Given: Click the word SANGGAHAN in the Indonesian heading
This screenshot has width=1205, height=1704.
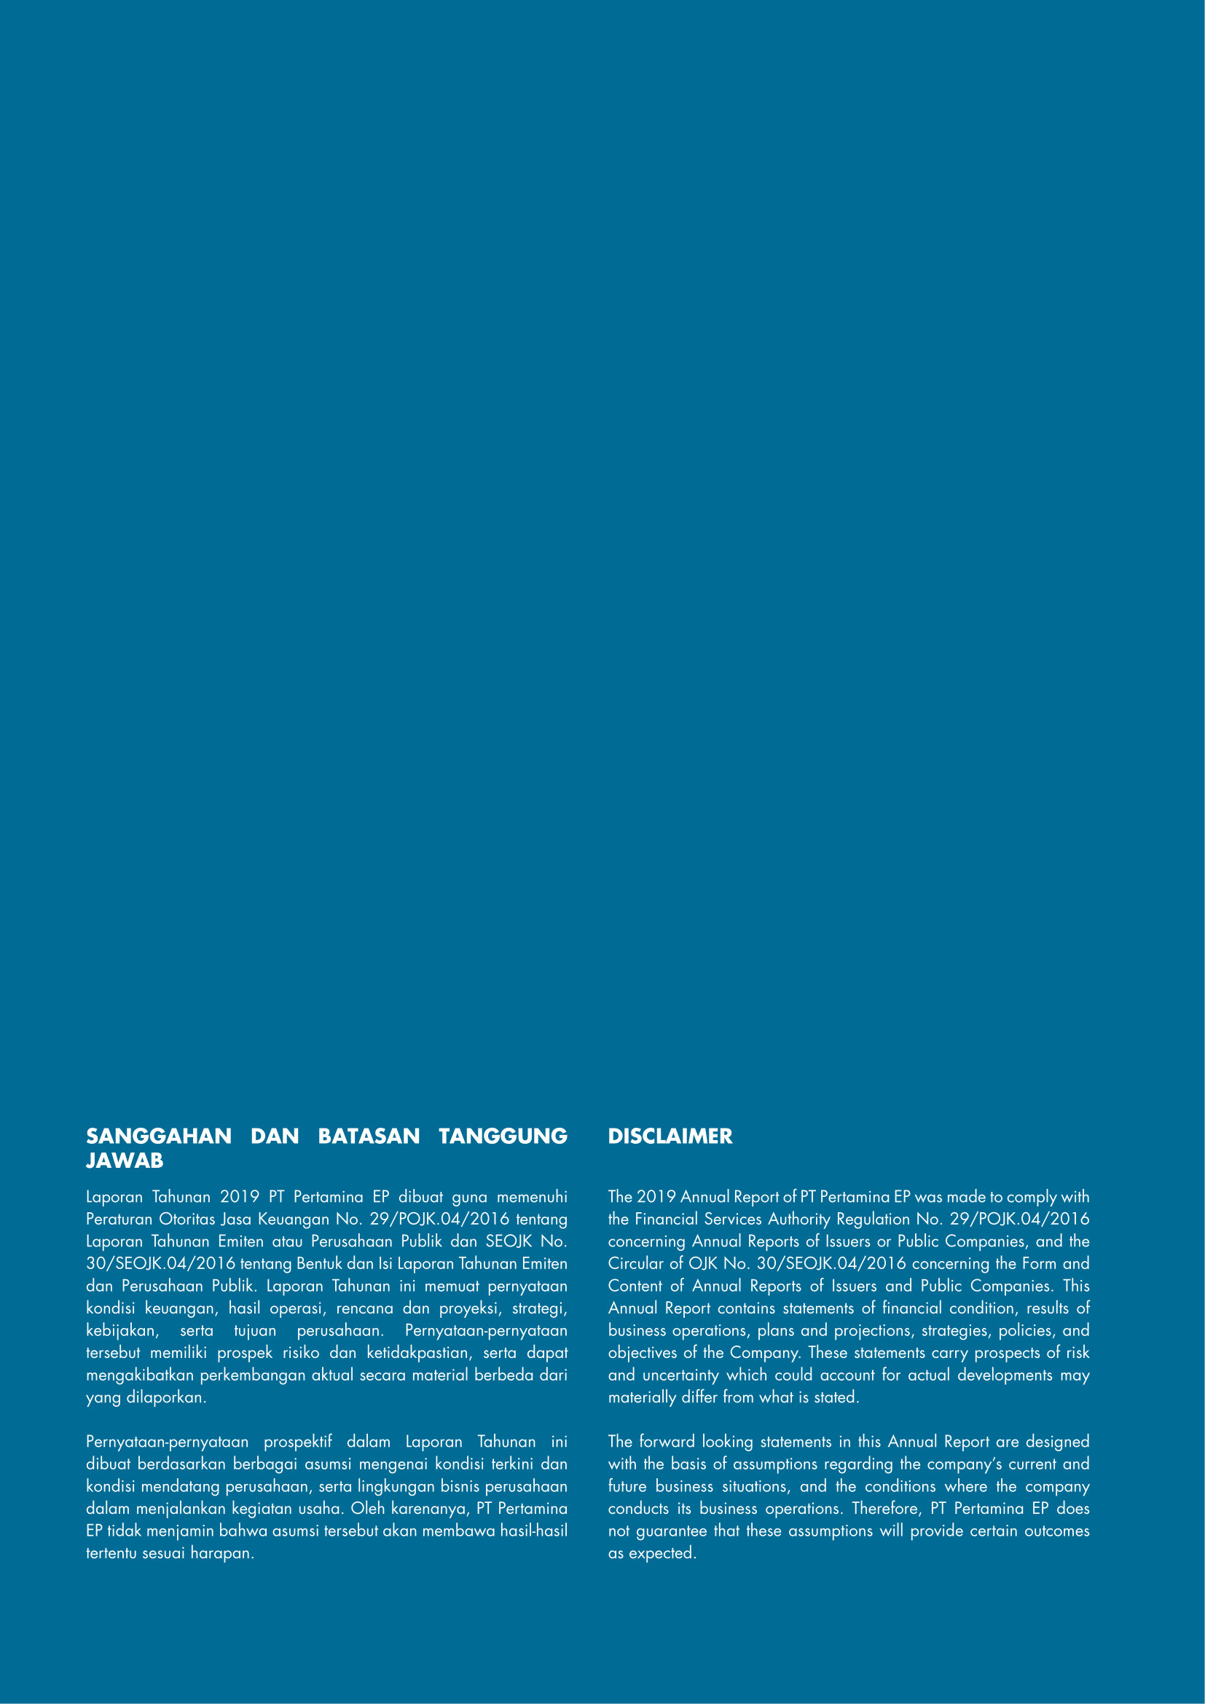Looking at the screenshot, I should [159, 1136].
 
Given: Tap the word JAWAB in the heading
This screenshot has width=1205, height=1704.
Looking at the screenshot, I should [125, 1161].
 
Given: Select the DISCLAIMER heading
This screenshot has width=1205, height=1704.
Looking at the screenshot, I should [670, 1136].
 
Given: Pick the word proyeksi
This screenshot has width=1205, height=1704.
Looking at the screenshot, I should [469, 1308].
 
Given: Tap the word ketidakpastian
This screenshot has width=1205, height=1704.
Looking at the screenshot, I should [418, 1352].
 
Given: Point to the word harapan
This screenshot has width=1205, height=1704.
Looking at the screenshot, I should [221, 1552].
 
